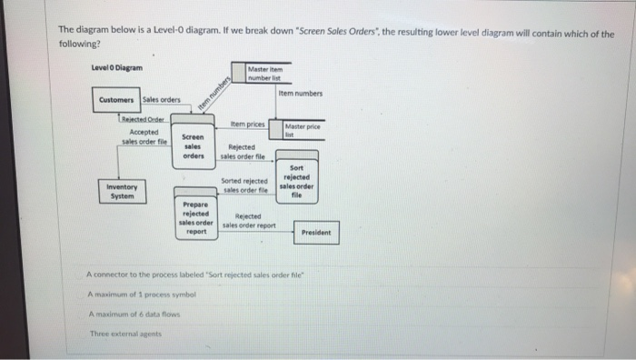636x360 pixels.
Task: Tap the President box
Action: click(x=316, y=233)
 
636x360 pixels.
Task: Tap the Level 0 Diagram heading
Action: click(x=116, y=68)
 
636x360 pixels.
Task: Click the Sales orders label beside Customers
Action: click(x=161, y=100)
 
